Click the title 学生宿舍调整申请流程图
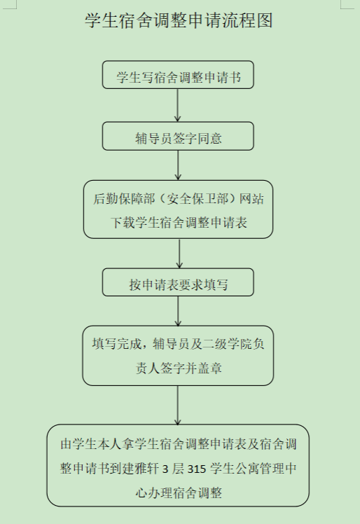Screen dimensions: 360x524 coord(179,20)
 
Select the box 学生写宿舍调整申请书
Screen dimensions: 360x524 coord(178,74)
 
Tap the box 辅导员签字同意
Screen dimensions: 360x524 coord(178,136)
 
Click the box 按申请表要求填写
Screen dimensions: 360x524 coord(178,282)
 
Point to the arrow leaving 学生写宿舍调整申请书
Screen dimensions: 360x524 coord(177,105)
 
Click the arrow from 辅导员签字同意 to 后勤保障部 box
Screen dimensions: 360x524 coord(178,165)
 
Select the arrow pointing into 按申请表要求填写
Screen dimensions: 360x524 coord(179,254)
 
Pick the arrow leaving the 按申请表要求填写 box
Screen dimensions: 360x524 coord(178,311)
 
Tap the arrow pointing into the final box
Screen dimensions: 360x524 coord(178,405)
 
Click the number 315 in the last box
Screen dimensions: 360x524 coord(197,469)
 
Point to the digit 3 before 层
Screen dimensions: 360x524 coord(165,469)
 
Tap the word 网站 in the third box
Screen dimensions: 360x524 coord(251,199)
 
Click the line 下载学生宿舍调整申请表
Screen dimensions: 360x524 coord(179,223)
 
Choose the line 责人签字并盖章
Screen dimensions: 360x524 coord(179,368)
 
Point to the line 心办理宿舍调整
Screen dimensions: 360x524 coord(179,493)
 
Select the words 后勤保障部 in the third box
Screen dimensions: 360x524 coord(124,199)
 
